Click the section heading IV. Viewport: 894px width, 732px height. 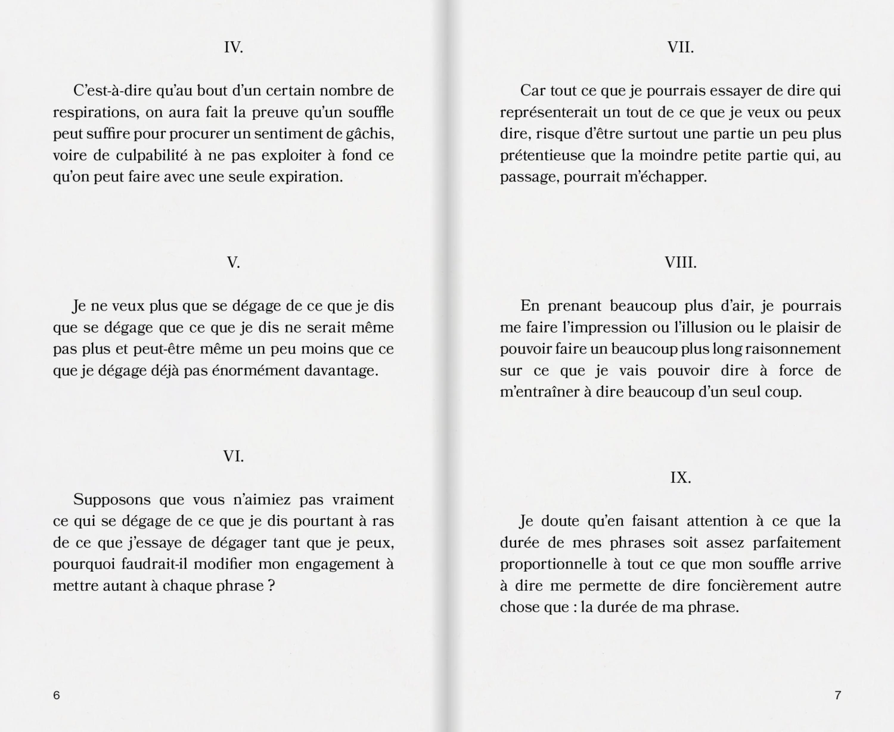coord(233,48)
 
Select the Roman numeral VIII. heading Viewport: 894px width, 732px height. coord(680,263)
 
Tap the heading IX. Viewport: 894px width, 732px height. coord(680,478)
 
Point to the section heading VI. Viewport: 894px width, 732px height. coord(233,457)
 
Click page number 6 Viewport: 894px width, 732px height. coord(57,695)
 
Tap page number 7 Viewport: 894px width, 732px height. coord(837,695)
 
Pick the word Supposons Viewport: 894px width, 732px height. coord(111,500)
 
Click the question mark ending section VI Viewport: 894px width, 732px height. coord(271,586)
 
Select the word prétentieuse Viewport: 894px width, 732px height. coord(543,156)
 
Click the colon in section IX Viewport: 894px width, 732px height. coord(575,607)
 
